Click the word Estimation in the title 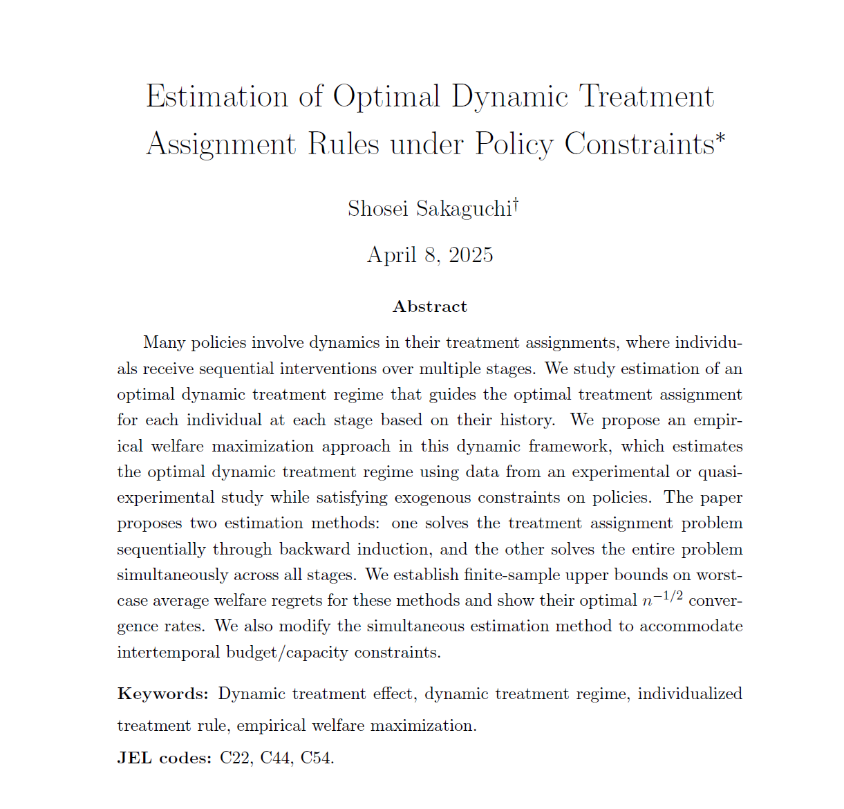click(217, 96)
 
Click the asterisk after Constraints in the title click(720, 137)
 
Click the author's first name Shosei click(378, 209)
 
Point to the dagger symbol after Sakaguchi click(516, 205)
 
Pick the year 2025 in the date click(471, 255)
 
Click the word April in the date click(392, 255)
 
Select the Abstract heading click(429, 306)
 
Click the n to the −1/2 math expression click(662, 599)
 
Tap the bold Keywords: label click(162, 694)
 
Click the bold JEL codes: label click(164, 758)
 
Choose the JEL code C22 click(236, 758)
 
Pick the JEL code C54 click(317, 758)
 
